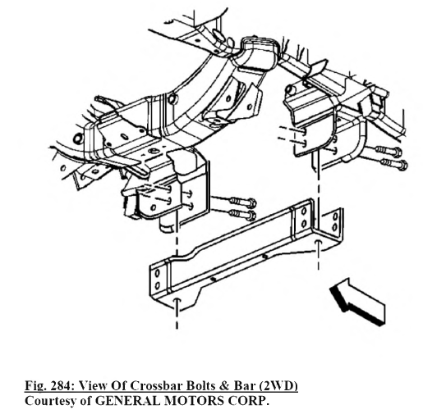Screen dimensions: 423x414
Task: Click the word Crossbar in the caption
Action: (x=156, y=385)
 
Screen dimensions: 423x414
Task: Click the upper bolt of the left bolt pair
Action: (x=242, y=202)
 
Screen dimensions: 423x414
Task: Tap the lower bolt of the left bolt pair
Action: (x=243, y=214)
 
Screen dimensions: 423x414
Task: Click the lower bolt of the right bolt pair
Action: (x=394, y=164)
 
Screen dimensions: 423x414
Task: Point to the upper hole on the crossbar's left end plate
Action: (x=158, y=273)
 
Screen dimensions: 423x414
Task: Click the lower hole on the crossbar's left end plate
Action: (x=157, y=285)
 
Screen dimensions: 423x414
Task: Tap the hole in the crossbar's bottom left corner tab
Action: (x=177, y=300)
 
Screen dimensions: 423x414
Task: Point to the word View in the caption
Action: (x=93, y=385)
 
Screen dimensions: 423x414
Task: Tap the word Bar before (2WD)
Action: (x=245, y=386)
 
